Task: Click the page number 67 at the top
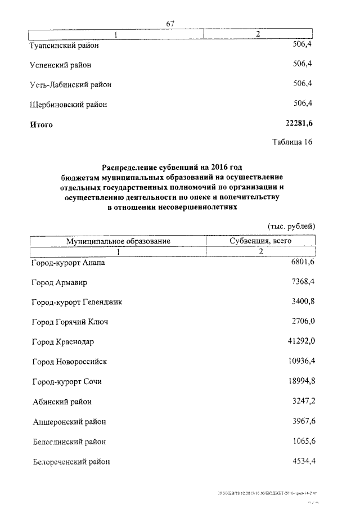point(171,23)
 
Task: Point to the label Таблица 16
point(292,142)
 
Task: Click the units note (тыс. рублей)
point(291,226)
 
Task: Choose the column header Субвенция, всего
point(261,241)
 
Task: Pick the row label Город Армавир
point(60,282)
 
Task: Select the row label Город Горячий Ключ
point(70,322)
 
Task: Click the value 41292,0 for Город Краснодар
point(300,341)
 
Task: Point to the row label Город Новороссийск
point(69,362)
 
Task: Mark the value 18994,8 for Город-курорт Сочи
point(300,381)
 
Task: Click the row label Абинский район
point(62,402)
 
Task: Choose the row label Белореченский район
point(71,462)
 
